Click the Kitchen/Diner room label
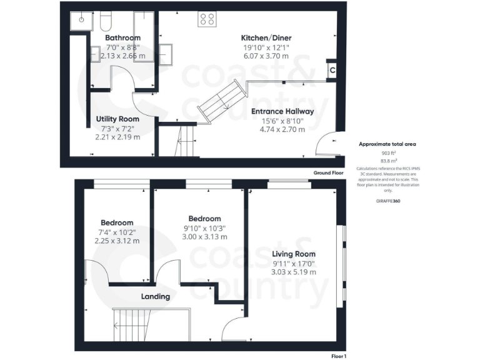(266, 38)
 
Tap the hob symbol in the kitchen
(207, 20)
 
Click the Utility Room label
(117, 119)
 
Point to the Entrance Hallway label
(282, 112)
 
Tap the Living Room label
(294, 254)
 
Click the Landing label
(155, 296)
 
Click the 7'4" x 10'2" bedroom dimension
(117, 232)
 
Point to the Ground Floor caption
(329, 172)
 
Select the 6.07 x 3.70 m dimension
(266, 56)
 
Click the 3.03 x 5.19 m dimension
(294, 272)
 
